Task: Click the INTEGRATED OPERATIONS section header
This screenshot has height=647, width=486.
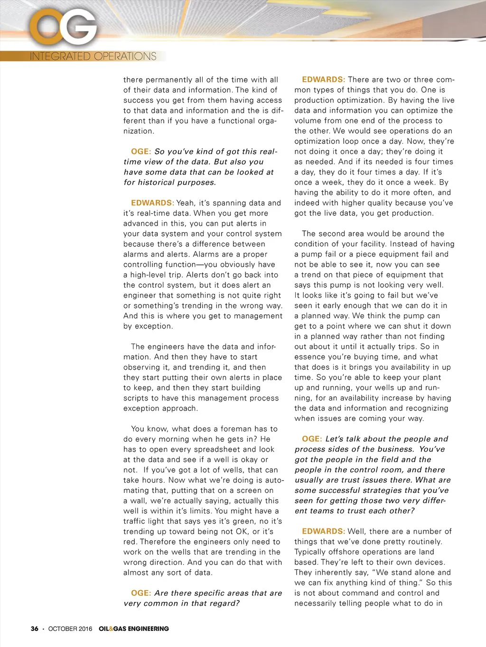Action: pos(93,56)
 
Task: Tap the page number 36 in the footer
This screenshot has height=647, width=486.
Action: pos(35,629)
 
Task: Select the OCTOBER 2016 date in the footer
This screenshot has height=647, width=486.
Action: pos(70,629)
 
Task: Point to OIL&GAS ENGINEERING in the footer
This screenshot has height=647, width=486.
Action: pos(134,629)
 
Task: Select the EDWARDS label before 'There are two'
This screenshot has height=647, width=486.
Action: pos(323,80)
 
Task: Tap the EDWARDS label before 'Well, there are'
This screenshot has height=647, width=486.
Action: pos(323,531)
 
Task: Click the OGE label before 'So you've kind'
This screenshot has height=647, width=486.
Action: pos(141,152)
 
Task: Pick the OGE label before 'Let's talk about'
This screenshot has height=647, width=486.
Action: pos(312,439)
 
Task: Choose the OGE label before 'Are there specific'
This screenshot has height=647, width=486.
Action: pos(141,593)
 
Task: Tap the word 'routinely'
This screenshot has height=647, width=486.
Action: pos(423,542)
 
